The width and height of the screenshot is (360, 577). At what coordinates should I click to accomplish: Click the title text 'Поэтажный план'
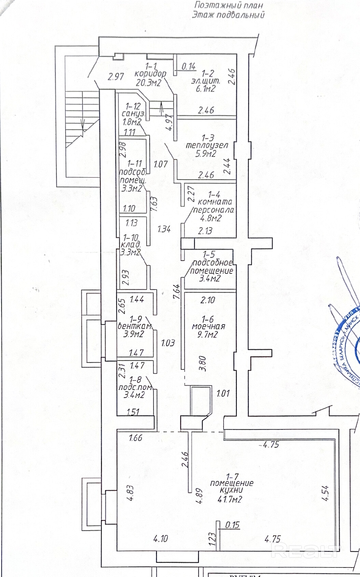pos(229,5)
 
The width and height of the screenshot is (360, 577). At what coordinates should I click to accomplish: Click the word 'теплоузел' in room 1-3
pos(207,145)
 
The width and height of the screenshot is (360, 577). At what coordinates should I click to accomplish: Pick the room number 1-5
pos(209,254)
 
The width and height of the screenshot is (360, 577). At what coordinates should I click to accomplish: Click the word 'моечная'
pos(208,326)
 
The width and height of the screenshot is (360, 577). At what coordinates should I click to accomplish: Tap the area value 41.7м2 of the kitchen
pos(230,499)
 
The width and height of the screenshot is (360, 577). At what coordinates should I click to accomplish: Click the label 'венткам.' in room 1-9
pos(135,326)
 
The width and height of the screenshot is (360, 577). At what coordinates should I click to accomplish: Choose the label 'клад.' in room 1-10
pos(131,245)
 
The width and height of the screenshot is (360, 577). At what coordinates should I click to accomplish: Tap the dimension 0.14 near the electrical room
pos(189,66)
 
